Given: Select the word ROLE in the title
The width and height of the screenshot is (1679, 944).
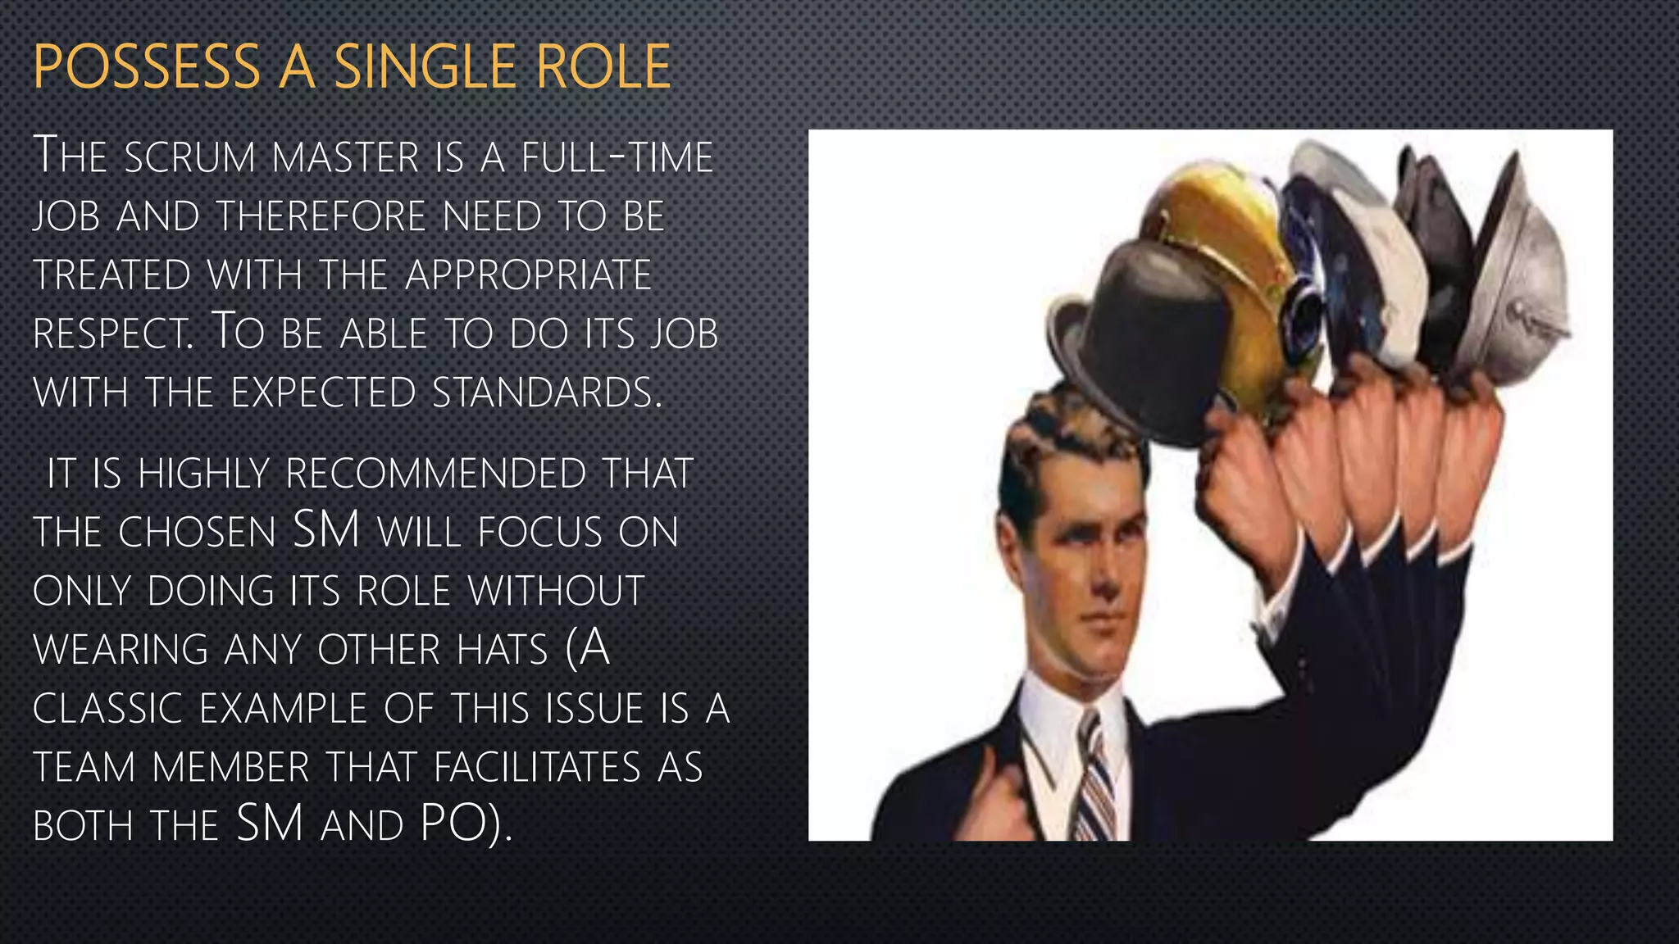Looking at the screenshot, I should (604, 67).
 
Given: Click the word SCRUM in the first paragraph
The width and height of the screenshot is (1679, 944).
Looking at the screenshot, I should (190, 157).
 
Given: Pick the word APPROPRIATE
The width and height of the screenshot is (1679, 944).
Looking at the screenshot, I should (529, 275).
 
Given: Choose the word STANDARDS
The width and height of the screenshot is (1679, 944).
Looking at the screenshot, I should (545, 393).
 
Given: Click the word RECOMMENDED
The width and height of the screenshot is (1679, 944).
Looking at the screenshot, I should (435, 474).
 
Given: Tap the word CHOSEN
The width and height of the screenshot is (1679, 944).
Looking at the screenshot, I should (197, 533).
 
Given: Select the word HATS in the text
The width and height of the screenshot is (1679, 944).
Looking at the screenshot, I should (502, 651).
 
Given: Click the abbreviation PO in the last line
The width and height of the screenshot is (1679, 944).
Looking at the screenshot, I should (452, 824).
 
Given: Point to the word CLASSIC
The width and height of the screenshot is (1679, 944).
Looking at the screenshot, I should (107, 709).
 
